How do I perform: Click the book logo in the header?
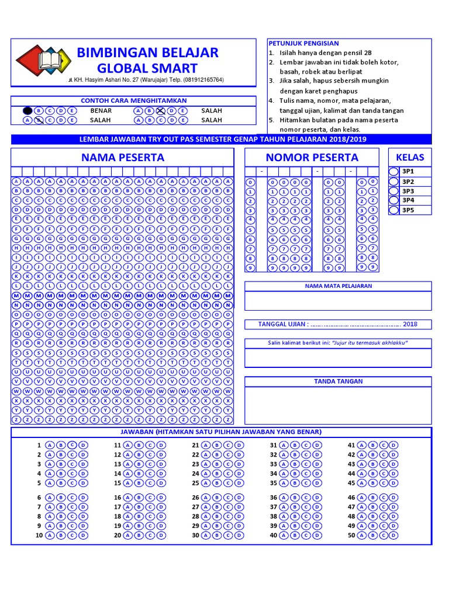(43, 61)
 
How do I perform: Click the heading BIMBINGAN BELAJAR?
(147, 53)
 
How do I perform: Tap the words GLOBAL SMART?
(147, 68)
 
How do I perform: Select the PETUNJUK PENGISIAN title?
(303, 43)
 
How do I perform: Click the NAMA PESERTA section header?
(123, 158)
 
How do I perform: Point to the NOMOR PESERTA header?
(312, 158)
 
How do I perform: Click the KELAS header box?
(410, 157)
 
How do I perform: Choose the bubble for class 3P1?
(393, 172)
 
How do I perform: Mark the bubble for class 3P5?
(393, 210)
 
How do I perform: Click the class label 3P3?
(407, 191)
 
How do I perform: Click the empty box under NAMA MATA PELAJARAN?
(338, 301)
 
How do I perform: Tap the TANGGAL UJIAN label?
(282, 325)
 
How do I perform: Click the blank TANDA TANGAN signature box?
(338, 404)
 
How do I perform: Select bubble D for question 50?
(393, 535)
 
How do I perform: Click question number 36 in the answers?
(273, 498)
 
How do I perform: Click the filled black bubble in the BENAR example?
(27, 110)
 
